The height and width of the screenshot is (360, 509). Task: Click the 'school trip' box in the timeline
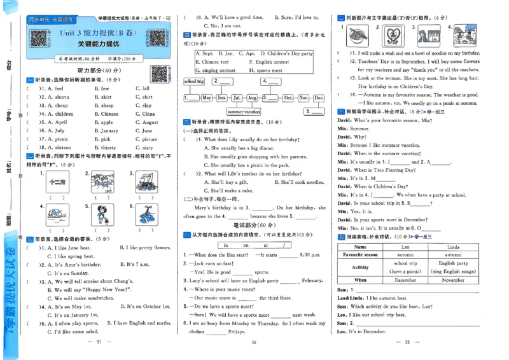[194, 81]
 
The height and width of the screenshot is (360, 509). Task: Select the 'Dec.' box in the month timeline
[318, 98]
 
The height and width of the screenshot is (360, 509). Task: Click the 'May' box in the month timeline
[207, 98]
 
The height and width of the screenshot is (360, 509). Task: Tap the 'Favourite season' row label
[361, 254]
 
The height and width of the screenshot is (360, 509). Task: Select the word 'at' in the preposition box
[265, 244]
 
